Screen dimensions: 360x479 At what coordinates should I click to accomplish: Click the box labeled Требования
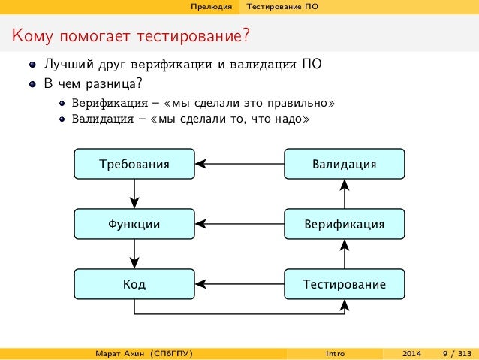coord(134,163)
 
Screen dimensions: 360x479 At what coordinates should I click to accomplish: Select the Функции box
coord(134,223)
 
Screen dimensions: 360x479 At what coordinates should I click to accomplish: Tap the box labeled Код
coord(134,284)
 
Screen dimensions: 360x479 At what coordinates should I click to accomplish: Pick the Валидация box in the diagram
coord(344,163)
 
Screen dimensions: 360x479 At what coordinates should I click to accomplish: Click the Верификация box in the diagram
coord(344,223)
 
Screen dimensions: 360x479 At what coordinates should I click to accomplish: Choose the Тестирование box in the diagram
coord(344,284)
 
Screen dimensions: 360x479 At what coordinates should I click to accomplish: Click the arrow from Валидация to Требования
coord(239,163)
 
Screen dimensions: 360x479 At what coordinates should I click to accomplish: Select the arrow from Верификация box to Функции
coord(239,223)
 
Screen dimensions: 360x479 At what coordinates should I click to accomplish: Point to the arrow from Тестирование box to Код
coord(239,284)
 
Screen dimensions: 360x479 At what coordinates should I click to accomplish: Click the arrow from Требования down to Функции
coord(134,194)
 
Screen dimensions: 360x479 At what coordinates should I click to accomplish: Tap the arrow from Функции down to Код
coord(134,254)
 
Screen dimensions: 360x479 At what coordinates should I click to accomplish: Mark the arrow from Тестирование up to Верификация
coord(344,254)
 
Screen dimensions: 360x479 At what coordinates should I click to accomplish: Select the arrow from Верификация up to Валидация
coord(344,194)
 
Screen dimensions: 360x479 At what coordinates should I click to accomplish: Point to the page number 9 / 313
coord(457,353)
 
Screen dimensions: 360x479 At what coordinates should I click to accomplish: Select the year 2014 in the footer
coord(412,353)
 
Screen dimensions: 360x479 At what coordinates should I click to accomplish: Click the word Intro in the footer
coord(336,353)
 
